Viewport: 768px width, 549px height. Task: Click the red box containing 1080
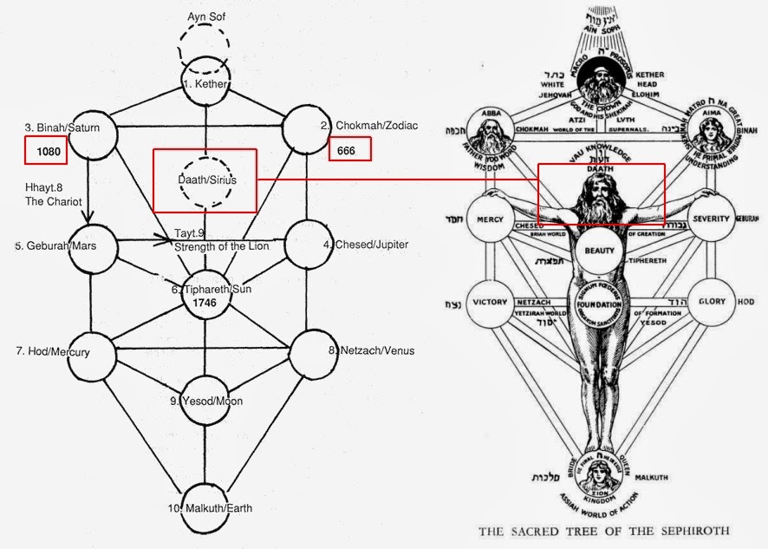coord(45,151)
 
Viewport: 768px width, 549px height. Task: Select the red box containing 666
coord(349,149)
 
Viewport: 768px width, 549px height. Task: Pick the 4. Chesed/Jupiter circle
coord(311,244)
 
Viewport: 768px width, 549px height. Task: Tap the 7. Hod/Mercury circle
coord(91,351)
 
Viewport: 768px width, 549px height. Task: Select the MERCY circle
coord(491,219)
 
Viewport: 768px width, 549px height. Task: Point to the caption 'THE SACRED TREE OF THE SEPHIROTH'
coord(603,529)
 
